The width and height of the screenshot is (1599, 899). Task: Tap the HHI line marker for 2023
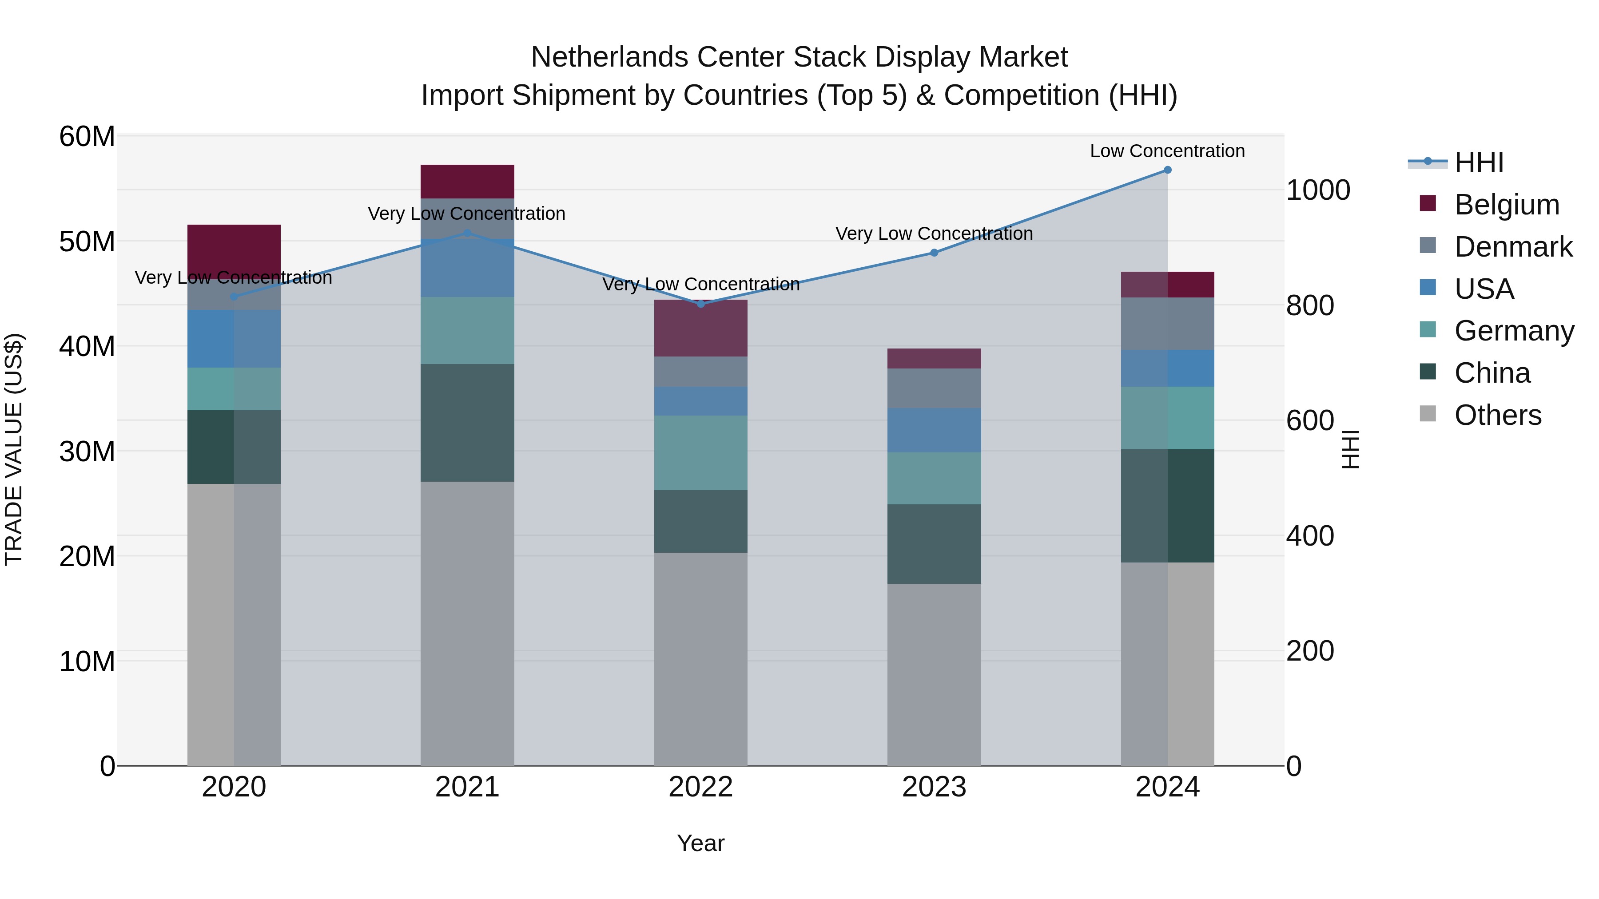[934, 253]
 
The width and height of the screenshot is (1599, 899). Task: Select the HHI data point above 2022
[701, 303]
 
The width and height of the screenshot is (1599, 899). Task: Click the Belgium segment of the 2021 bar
[467, 181]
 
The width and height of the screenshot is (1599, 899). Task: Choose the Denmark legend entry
[1513, 247]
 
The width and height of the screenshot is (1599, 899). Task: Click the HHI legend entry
[1479, 162]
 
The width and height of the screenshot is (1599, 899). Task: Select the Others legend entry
[1497, 415]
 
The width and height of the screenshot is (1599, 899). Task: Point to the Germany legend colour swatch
[1428, 329]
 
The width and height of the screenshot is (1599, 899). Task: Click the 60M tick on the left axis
[87, 136]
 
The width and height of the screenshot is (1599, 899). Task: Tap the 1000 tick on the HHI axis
[1318, 190]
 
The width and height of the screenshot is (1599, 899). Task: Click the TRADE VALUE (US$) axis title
[14, 449]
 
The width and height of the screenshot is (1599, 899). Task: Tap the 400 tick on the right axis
[1310, 536]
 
